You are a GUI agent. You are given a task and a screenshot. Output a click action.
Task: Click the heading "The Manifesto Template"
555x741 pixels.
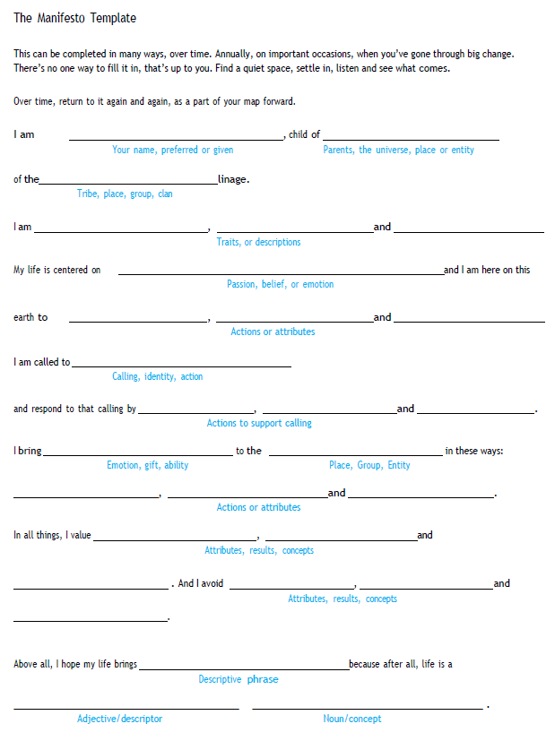tap(75, 18)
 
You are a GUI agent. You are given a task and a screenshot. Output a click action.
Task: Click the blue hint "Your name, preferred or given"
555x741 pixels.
tap(172, 150)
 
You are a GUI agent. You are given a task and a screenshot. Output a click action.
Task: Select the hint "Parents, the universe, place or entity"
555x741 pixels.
tap(398, 150)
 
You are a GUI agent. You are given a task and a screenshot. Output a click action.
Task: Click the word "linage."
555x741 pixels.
tap(233, 179)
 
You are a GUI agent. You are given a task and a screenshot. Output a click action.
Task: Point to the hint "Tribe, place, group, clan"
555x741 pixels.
tap(125, 194)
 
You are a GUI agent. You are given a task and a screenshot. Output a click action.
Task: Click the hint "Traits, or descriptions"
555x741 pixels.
tap(258, 242)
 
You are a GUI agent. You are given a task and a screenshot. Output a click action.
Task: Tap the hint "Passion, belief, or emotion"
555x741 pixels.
tap(280, 284)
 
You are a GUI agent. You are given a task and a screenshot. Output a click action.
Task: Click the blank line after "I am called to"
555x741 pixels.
tap(181, 366)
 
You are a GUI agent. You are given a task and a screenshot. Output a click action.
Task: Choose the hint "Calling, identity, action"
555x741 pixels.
tap(157, 376)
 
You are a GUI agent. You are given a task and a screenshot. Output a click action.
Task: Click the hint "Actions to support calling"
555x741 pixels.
tap(259, 423)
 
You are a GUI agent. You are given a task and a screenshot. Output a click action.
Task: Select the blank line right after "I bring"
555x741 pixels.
tap(137, 454)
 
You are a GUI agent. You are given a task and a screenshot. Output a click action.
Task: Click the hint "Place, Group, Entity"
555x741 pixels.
tap(369, 465)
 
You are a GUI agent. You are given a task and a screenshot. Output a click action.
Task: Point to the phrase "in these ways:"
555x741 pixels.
tap(474, 451)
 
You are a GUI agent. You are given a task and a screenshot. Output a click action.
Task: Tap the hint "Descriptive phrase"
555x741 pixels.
tap(238, 679)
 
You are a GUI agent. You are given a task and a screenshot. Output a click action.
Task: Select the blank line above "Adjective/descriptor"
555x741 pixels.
tap(126, 708)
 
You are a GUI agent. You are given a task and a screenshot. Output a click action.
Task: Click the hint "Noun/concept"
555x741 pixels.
tap(352, 719)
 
